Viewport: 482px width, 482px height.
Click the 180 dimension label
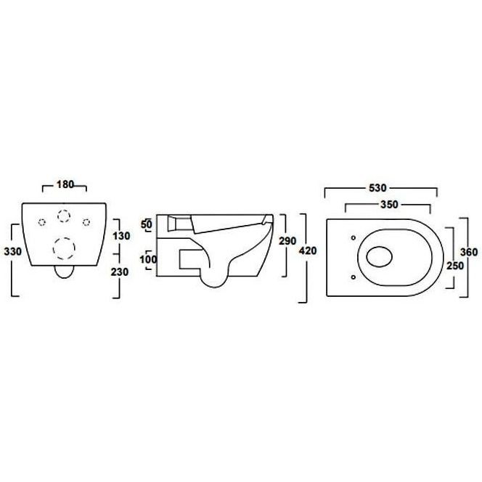click(65, 184)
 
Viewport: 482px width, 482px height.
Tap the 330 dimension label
click(13, 251)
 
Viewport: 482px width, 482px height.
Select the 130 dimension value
click(121, 236)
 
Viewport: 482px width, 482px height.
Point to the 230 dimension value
click(120, 272)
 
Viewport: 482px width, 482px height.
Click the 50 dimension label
click(147, 224)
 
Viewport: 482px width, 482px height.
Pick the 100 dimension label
click(149, 260)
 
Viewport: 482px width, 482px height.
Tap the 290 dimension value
click(287, 241)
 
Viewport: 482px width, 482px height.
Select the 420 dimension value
click(308, 251)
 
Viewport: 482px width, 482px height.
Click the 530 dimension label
click(377, 188)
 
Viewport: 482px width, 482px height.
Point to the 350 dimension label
click(389, 205)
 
